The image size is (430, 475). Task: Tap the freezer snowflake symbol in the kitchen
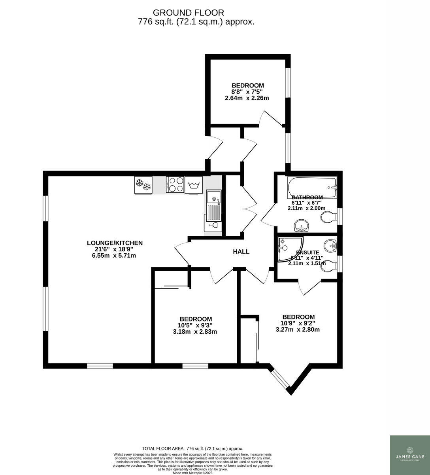[143, 184]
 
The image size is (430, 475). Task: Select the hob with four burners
[175, 184]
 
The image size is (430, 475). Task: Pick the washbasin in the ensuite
[330, 246]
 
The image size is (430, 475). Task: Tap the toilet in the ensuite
[328, 268]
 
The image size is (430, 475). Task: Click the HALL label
[241, 251]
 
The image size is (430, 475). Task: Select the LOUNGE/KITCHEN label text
[115, 243]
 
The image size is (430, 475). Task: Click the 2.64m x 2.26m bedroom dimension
[247, 98]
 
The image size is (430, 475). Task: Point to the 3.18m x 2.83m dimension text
[195, 332]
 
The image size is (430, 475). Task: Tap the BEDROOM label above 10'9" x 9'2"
[298, 317]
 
